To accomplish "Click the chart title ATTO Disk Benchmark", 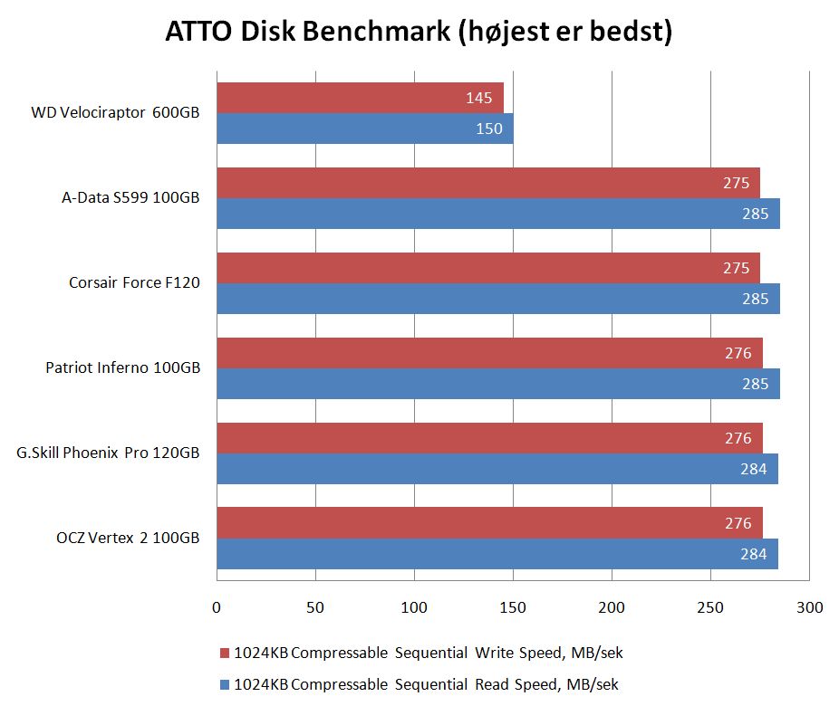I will (419, 33).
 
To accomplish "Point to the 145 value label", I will (478, 98).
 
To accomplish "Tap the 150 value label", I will (488, 129).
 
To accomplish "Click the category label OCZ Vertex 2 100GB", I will (128, 539).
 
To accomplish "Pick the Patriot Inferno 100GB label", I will (122, 368).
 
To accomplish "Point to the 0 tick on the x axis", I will (217, 607).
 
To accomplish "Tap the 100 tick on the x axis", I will (414, 607).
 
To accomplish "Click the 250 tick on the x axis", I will (711, 607).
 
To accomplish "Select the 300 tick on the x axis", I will (810, 607).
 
